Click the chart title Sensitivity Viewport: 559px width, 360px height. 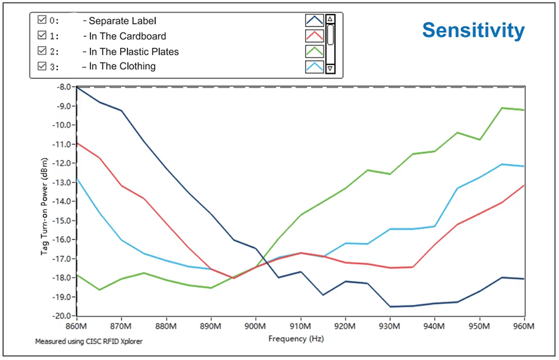pyautogui.click(x=474, y=30)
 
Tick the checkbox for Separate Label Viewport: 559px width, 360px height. pyautogui.click(x=41, y=19)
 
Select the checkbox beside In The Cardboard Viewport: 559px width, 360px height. pyautogui.click(x=41, y=35)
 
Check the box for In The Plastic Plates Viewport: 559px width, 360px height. pyautogui.click(x=41, y=50)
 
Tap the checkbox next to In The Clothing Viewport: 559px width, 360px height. pyautogui.click(x=41, y=66)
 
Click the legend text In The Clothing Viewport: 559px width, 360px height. pyautogui.click(x=122, y=66)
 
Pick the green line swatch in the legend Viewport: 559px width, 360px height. pyautogui.click(x=314, y=51)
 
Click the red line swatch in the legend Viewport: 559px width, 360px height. pyautogui.click(x=314, y=36)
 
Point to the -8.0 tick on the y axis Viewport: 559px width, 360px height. pyautogui.click(x=64, y=87)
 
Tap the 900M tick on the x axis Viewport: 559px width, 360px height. pyautogui.click(x=255, y=326)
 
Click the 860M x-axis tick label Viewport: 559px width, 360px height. pyautogui.click(x=77, y=326)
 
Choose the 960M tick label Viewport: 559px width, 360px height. pyautogui.click(x=524, y=326)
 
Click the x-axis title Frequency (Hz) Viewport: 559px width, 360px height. pyautogui.click(x=296, y=338)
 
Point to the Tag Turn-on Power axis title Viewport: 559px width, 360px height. pyautogui.click(x=44, y=206)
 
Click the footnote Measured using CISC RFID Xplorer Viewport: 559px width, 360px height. pyautogui.click(x=89, y=342)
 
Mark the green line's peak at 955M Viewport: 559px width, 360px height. pyautogui.click(x=502, y=108)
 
